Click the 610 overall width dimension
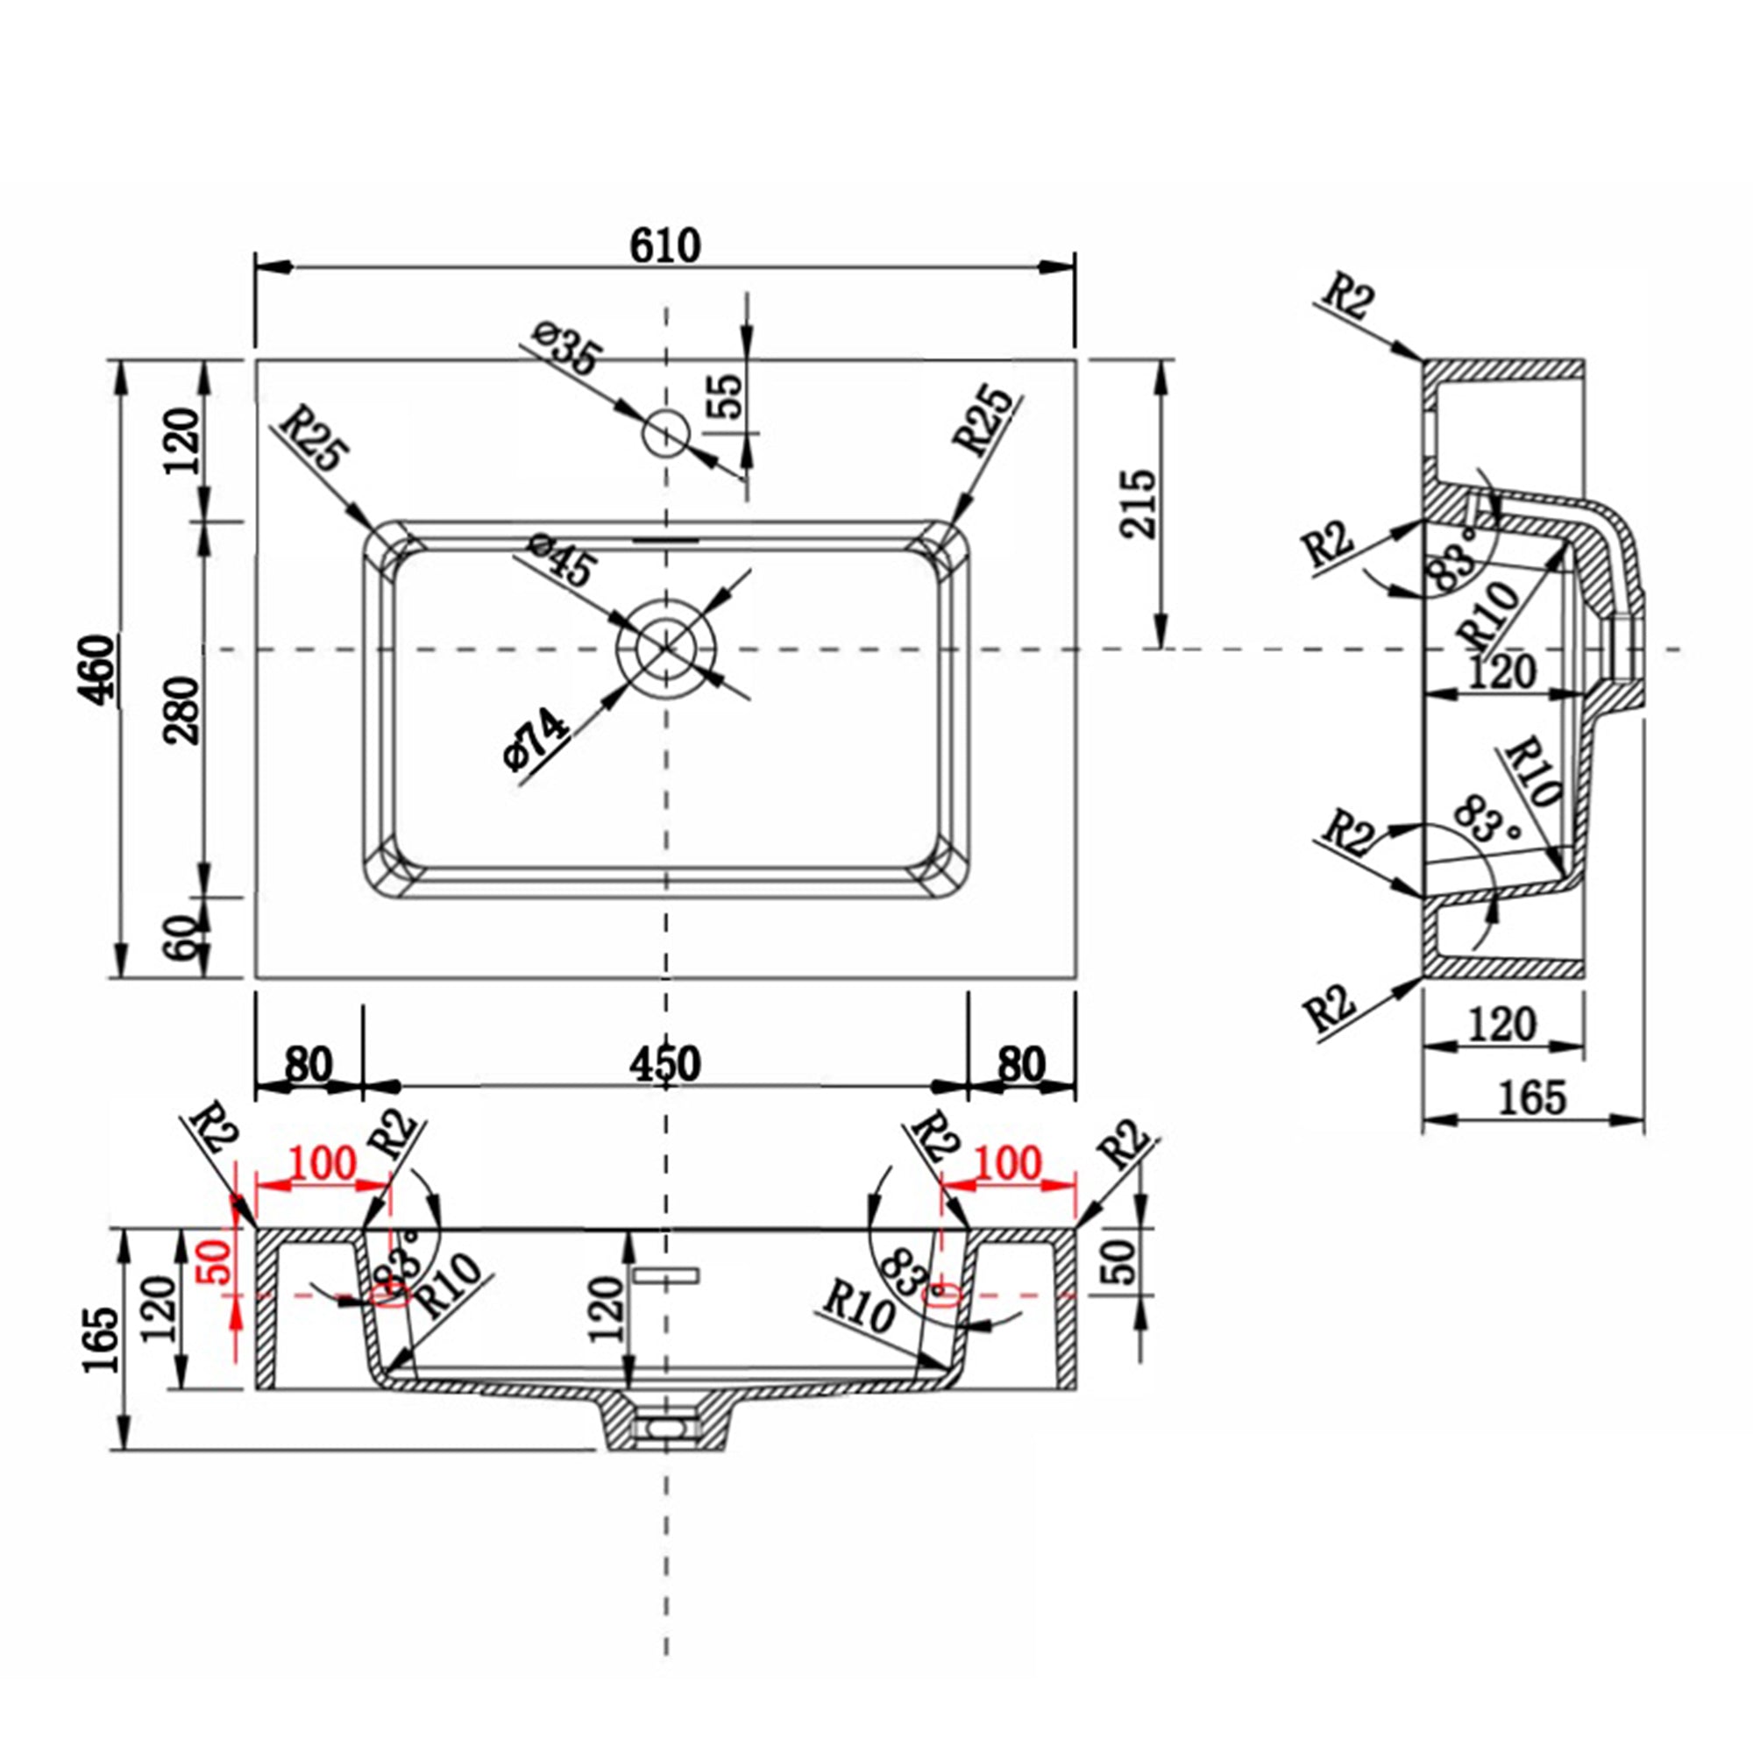(665, 245)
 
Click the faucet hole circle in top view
(666, 434)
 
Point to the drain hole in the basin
(666, 648)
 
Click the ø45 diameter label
(564, 559)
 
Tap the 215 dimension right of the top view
(1138, 504)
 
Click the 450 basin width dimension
(665, 1064)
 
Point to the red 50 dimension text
(216, 1260)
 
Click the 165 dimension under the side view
(1531, 1098)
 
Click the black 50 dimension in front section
(1123, 1260)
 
